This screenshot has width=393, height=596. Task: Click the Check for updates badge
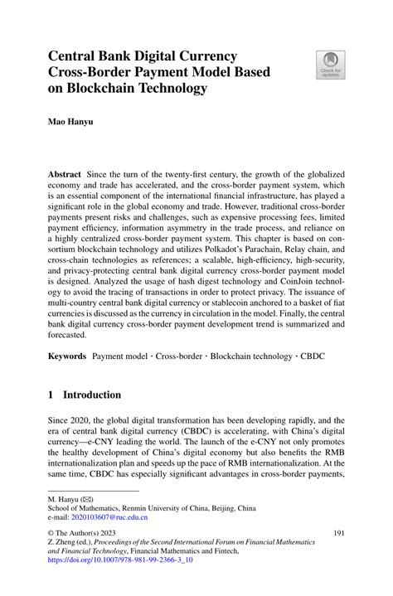click(327, 65)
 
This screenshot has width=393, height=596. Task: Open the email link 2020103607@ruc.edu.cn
click(105, 517)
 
